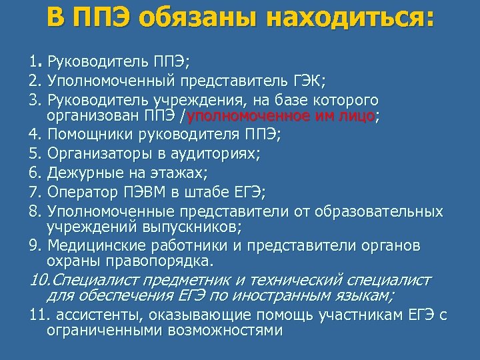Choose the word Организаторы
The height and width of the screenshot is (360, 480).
pos(93,154)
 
